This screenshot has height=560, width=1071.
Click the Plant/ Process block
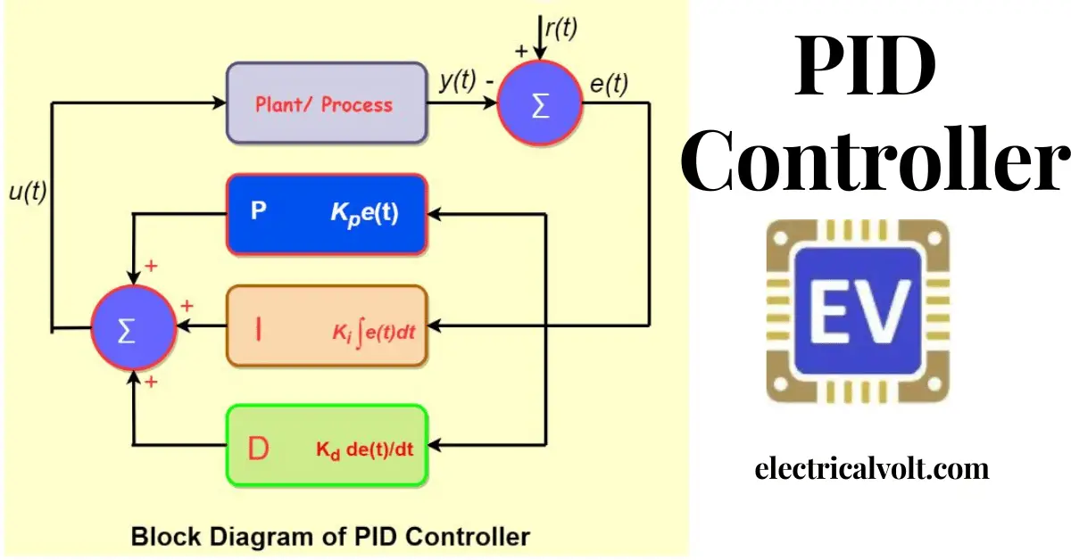click(326, 103)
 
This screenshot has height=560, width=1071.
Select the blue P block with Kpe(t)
click(327, 215)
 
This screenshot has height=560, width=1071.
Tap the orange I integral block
click(327, 326)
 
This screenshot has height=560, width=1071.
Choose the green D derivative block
click(327, 445)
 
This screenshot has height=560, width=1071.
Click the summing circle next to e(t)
click(540, 104)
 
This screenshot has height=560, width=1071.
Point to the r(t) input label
click(560, 29)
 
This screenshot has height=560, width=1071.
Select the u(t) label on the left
click(26, 193)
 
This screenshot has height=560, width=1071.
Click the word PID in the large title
click(866, 70)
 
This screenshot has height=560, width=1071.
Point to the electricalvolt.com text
click(871, 468)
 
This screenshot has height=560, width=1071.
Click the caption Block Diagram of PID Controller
click(330, 537)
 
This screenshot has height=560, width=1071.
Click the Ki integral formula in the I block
click(374, 334)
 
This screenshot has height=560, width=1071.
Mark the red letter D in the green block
click(258, 449)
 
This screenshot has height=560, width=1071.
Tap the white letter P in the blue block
click(258, 215)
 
